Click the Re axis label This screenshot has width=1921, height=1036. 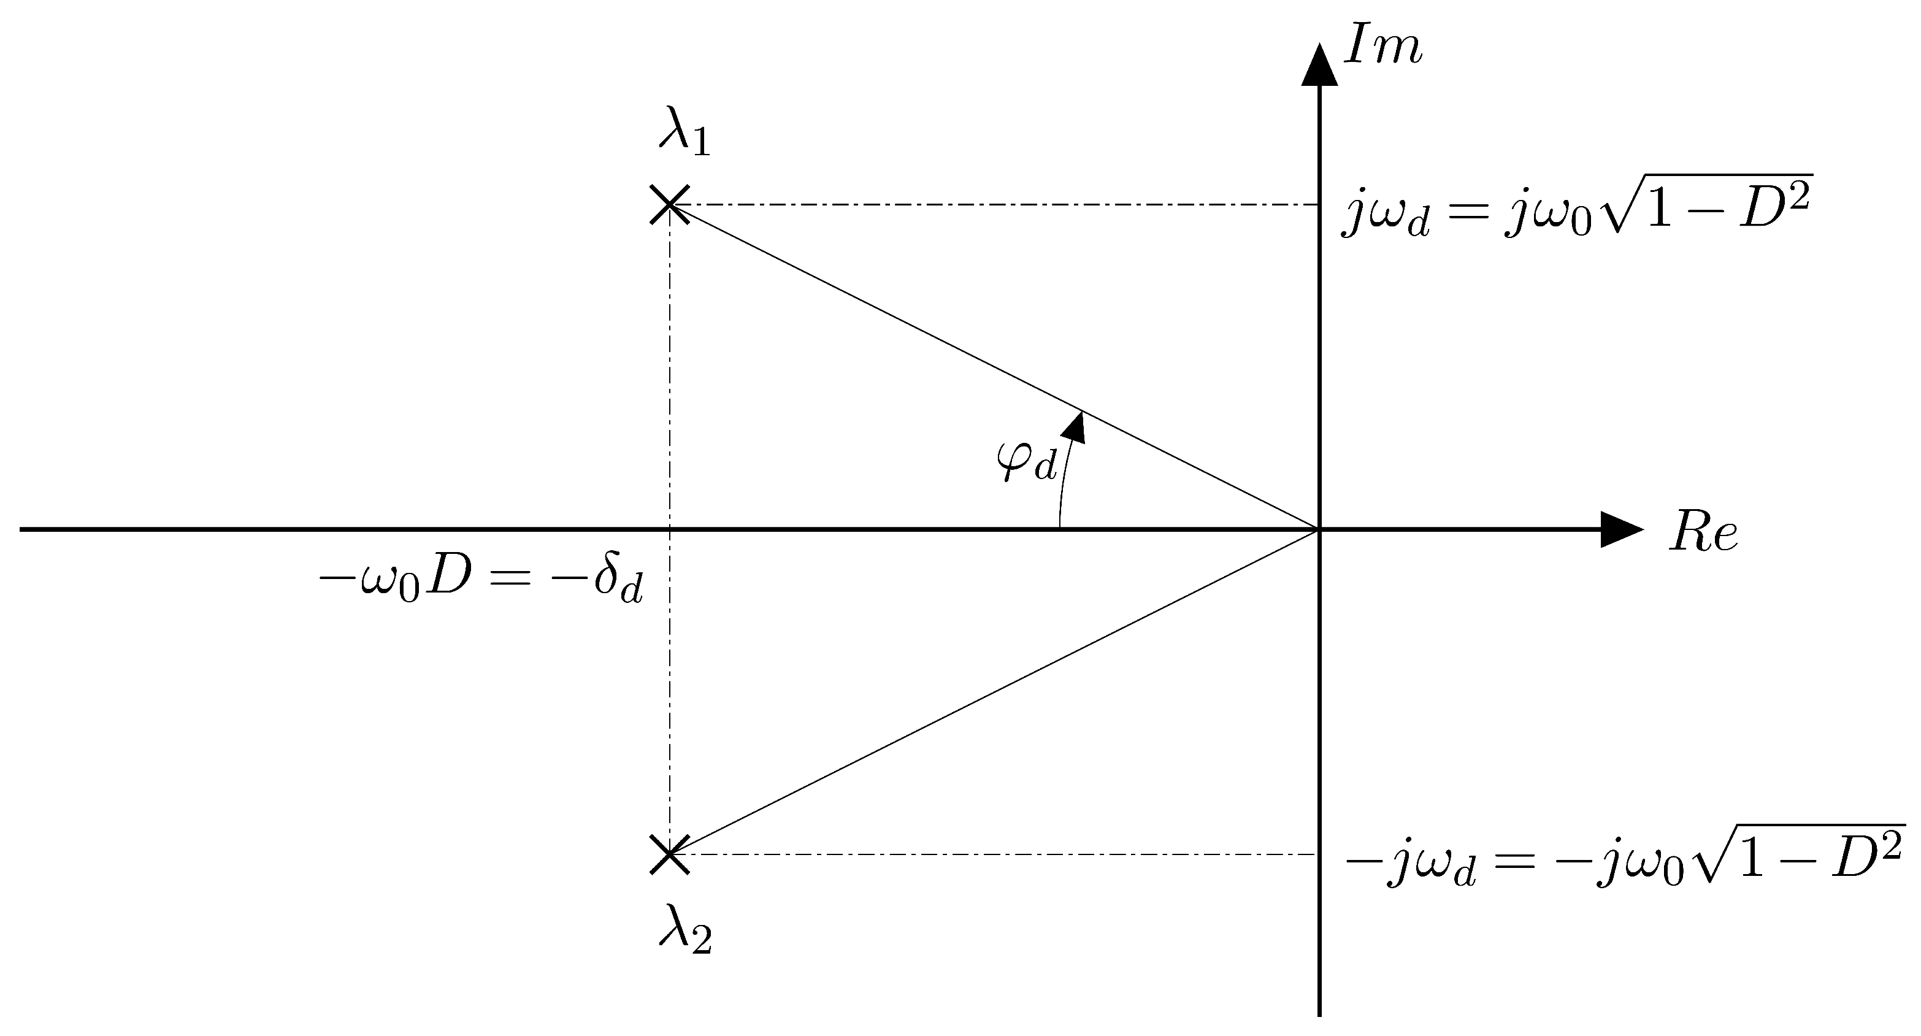[1704, 533]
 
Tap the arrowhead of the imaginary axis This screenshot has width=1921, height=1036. [1319, 66]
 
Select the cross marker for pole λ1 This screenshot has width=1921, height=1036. [669, 204]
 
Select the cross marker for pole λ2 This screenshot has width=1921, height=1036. [669, 854]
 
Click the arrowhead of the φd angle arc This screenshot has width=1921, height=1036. [1075, 428]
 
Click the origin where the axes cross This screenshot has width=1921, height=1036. [1319, 529]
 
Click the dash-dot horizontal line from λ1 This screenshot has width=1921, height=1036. [992, 204]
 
